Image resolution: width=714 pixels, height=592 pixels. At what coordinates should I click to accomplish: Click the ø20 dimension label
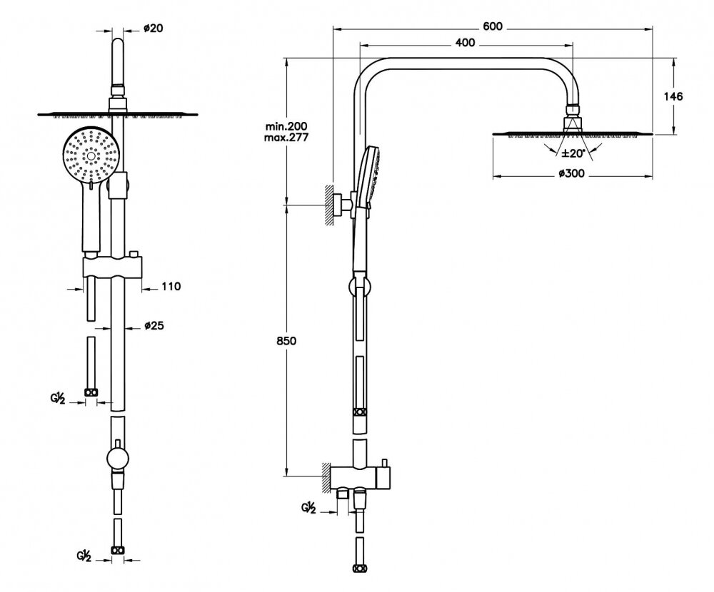(x=153, y=28)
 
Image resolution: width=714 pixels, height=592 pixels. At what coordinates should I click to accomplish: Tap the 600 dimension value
(x=493, y=26)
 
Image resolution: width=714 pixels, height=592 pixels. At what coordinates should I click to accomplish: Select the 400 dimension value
(x=465, y=43)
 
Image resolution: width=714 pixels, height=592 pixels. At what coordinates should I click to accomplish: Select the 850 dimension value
(x=286, y=340)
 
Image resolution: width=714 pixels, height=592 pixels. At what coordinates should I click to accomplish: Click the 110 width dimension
(x=171, y=287)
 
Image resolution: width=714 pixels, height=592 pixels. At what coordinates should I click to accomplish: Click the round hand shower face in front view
(x=90, y=155)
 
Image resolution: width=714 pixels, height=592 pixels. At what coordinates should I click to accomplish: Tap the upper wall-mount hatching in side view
(x=331, y=205)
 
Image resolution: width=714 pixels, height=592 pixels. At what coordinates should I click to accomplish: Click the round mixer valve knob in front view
(x=116, y=457)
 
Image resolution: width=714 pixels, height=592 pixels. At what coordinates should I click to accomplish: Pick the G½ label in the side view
(x=309, y=509)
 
